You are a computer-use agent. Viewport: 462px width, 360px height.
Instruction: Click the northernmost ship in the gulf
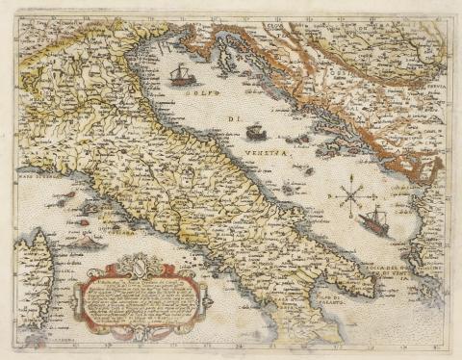tap(180, 74)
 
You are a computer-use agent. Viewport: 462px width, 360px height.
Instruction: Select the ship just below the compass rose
tap(372, 221)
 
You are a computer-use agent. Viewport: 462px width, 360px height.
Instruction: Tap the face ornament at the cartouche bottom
tap(139, 332)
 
